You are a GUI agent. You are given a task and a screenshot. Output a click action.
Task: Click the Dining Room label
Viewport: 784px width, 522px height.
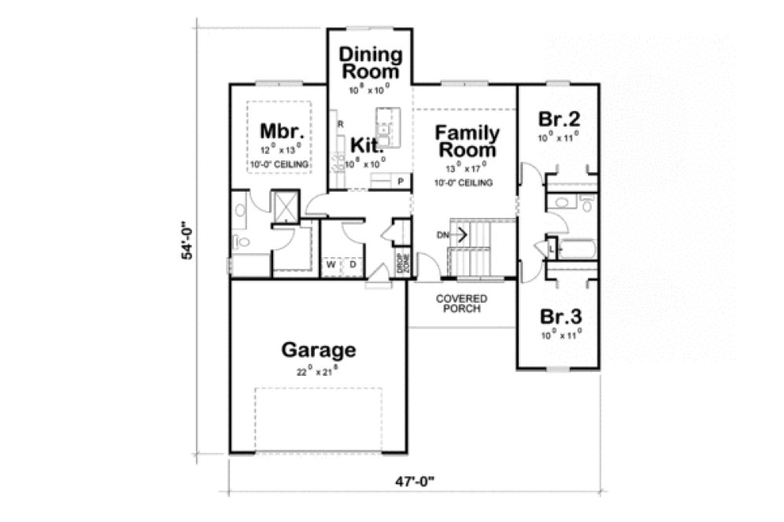tap(370, 63)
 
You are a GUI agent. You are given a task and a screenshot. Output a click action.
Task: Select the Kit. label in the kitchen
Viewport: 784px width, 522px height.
tap(367, 145)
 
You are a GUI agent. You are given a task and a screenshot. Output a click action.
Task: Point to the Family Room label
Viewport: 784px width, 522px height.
tap(467, 141)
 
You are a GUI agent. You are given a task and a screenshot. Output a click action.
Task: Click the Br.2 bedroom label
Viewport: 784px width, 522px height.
tap(559, 119)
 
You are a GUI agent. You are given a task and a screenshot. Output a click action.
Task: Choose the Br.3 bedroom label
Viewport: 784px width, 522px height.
tap(560, 317)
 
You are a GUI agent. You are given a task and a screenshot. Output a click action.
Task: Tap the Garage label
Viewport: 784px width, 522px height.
tap(319, 350)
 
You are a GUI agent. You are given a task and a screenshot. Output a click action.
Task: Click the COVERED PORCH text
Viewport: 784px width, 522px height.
tap(461, 303)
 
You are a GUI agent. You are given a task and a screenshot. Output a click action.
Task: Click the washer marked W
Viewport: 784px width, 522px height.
tap(332, 265)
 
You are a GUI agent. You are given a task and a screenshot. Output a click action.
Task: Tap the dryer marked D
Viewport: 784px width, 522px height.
tap(353, 265)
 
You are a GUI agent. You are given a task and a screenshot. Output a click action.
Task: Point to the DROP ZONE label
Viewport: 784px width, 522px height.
tap(401, 263)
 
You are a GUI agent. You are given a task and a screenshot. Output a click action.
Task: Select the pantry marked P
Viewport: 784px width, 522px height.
tap(401, 182)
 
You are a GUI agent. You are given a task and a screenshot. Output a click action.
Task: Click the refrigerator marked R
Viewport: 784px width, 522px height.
tap(340, 124)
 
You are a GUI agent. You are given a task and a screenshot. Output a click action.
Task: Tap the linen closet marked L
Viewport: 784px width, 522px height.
tap(551, 248)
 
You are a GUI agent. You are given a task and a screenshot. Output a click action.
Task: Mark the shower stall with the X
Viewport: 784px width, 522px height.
tap(285, 206)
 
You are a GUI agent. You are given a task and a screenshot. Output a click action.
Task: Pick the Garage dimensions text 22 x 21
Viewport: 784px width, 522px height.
tap(319, 371)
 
